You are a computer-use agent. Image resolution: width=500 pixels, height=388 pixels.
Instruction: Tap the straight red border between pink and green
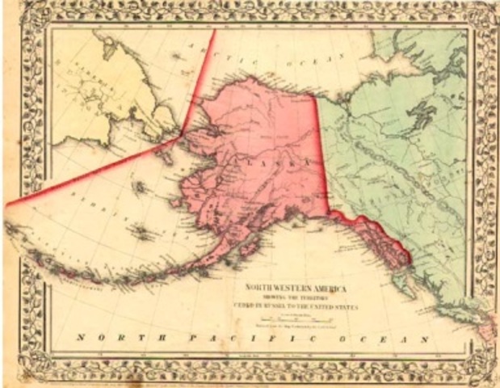[321, 154]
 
